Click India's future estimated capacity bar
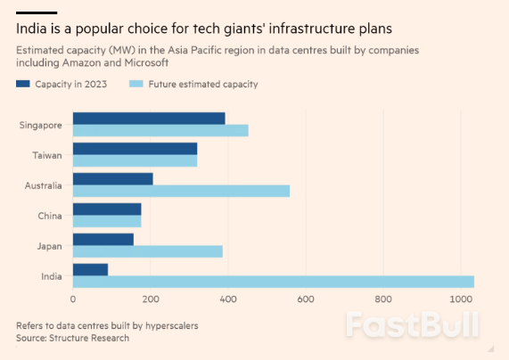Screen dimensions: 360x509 pyautogui.click(x=273, y=282)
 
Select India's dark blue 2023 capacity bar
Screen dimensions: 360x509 pyautogui.click(x=90, y=269)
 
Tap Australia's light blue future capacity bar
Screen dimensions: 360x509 pyautogui.click(x=181, y=191)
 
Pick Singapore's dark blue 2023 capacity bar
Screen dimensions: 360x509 pyautogui.click(x=149, y=119)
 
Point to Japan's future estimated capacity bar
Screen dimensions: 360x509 pyautogui.click(x=147, y=251)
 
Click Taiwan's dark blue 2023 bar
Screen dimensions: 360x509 pyautogui.click(x=135, y=149)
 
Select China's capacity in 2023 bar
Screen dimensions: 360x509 pyautogui.click(x=107, y=209)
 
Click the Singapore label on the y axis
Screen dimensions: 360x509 pyautogui.click(x=41, y=125)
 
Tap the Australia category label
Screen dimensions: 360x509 pyautogui.click(x=44, y=185)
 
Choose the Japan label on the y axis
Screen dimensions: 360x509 pyautogui.click(x=48, y=246)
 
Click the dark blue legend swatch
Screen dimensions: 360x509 pyautogui.click(x=23, y=84)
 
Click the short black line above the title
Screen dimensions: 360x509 pyautogui.click(x=37, y=12)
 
